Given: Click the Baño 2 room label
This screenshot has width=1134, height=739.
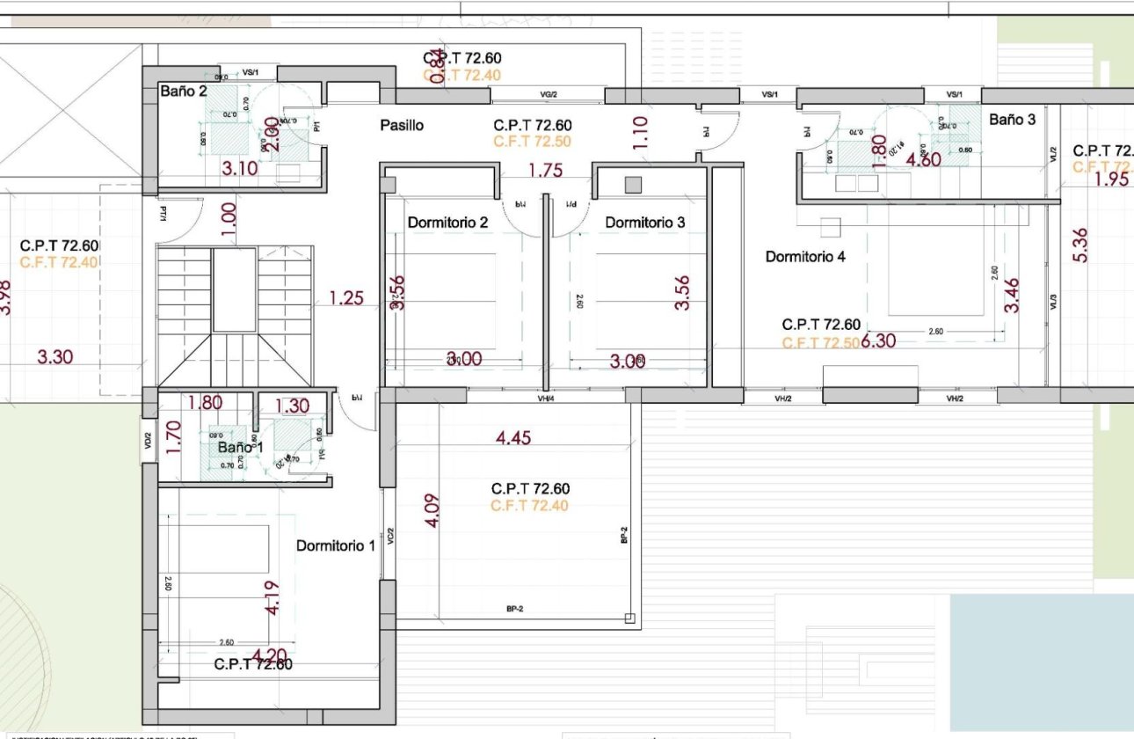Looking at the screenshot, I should [x=184, y=91].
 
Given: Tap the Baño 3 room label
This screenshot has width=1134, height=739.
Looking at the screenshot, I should [x=1012, y=120].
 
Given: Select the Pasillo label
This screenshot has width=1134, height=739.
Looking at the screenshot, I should [x=402, y=126].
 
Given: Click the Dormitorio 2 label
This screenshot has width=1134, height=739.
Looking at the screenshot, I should [x=447, y=223].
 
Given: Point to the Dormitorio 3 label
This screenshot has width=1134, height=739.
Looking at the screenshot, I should [x=645, y=223].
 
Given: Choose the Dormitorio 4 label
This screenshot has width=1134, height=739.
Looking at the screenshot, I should [x=805, y=257].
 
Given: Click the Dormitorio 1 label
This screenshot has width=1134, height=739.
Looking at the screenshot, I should [x=336, y=545].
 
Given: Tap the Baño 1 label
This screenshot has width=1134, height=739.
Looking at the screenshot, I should [x=241, y=448].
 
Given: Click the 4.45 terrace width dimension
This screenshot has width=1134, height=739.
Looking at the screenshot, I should [x=513, y=438].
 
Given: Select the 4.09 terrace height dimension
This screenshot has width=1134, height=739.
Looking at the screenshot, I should [x=431, y=510].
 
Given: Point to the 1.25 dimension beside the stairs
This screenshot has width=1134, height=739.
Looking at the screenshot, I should [x=346, y=299].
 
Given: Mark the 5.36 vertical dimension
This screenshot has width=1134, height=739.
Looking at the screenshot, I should [x=1080, y=245].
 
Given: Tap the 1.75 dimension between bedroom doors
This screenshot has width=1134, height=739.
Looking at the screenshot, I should [x=545, y=172].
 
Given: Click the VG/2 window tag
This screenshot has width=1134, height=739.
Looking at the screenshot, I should [x=549, y=93].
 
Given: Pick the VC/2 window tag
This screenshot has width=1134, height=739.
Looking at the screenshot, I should [x=390, y=536].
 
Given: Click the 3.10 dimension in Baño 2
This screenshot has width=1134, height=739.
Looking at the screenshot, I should [x=239, y=169].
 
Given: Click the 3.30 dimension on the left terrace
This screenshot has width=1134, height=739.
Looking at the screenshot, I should [x=55, y=357].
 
